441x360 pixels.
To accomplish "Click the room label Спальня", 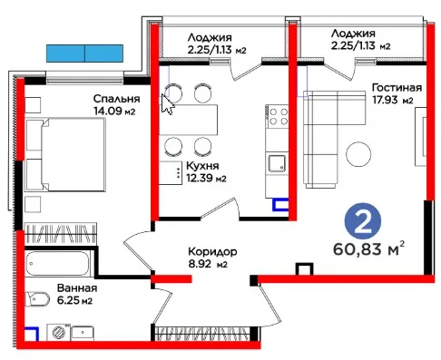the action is (x=116, y=99).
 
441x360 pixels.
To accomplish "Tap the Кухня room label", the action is (x=202, y=166).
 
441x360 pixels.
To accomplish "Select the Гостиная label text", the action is (x=397, y=88).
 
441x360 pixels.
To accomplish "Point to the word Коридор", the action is (x=212, y=252).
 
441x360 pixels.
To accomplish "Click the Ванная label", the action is (x=77, y=288).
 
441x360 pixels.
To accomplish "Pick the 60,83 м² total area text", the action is (x=368, y=248).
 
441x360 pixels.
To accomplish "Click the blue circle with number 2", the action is (x=363, y=221).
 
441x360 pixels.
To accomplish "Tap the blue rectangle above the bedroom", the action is (x=84, y=54).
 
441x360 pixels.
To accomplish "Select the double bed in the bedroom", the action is (x=65, y=154).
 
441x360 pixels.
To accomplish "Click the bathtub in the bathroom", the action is (x=57, y=263).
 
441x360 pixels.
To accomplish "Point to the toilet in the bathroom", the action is (x=37, y=298).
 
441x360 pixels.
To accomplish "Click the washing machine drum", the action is (x=59, y=333).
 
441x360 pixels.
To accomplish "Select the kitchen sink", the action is (x=277, y=163).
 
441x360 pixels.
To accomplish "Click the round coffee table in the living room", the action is (x=358, y=154).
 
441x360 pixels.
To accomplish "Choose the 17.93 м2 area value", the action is (x=393, y=100).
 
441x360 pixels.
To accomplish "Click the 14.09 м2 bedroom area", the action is (x=114, y=111).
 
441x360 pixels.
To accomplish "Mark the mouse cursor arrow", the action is (x=168, y=104).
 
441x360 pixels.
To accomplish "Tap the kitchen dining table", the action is (x=189, y=120).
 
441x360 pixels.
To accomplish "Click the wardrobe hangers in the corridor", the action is (x=201, y=334).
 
